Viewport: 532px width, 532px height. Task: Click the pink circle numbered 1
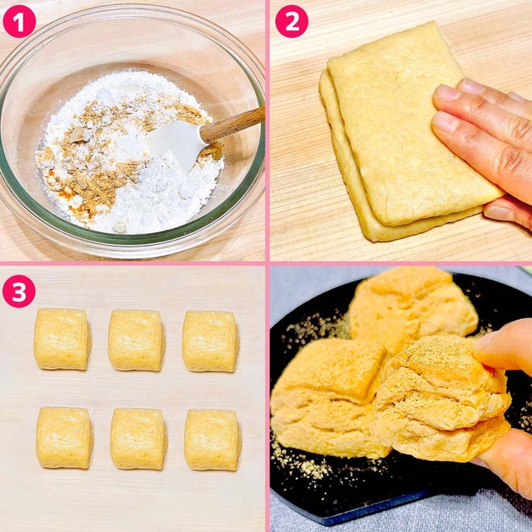click(x=19, y=21)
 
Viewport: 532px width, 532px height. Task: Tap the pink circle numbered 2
click(x=292, y=21)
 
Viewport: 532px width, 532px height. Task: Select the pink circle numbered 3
click(x=19, y=291)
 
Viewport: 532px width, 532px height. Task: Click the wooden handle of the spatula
click(x=233, y=125)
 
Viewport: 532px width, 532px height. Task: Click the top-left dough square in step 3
click(x=62, y=339)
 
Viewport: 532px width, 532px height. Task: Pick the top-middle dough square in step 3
click(x=137, y=340)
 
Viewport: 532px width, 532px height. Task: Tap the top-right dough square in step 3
click(x=211, y=341)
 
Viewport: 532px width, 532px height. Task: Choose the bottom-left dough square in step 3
click(x=64, y=437)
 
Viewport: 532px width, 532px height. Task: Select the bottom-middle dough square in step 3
click(x=138, y=439)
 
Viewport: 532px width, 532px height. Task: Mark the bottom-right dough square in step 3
click(x=213, y=440)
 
